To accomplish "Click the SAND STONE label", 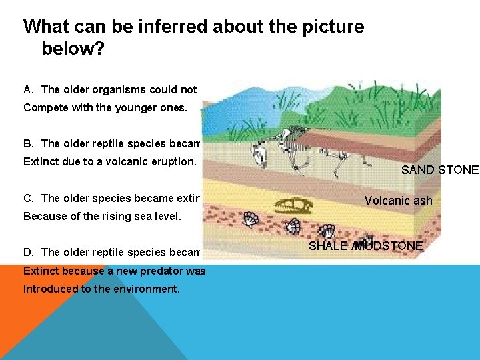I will [x=439, y=170].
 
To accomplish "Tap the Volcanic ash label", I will [x=398, y=201].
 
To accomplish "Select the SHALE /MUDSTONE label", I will [x=365, y=246].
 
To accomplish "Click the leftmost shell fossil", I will [x=251, y=220].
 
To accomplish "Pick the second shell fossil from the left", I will [x=291, y=227].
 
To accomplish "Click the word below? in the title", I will [x=73, y=49].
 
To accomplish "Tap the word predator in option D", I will [x=159, y=271].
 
